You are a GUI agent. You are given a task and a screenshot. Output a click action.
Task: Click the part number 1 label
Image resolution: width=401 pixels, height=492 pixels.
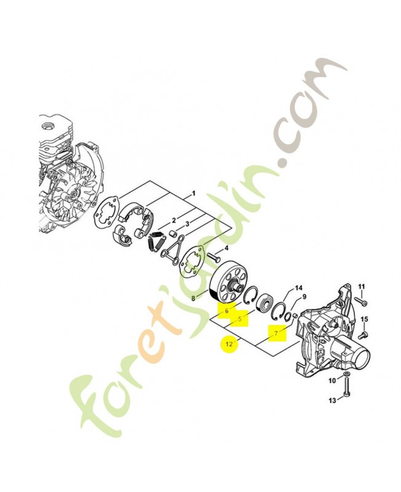[194, 193]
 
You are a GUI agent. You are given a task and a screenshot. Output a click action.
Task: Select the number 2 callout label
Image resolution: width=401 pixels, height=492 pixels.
[174, 221]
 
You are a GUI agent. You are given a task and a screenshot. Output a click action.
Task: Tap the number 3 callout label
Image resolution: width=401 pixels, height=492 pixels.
[188, 224]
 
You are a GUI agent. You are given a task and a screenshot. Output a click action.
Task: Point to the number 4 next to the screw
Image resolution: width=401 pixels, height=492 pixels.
[226, 250]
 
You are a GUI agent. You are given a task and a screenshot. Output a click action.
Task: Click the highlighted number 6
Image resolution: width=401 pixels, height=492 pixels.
[226, 311]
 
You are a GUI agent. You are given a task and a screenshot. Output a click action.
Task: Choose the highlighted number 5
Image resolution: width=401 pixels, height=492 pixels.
[240, 319]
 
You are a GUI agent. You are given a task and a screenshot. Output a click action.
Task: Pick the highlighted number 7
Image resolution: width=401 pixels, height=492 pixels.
[276, 333]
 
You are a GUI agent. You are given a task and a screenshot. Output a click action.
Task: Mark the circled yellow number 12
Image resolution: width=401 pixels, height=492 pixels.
[229, 344]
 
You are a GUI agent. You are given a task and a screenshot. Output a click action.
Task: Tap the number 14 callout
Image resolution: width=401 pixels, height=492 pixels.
[298, 288]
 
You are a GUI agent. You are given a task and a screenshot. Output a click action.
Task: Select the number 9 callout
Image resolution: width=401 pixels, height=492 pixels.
[304, 296]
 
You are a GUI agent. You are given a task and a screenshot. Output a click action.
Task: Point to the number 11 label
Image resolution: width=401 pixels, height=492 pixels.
[362, 286]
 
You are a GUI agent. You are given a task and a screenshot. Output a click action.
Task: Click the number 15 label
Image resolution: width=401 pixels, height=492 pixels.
[364, 319]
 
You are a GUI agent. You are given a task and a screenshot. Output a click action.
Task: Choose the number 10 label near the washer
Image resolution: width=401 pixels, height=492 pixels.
[332, 381]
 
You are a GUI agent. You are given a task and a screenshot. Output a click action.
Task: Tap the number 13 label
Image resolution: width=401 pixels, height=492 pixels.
[332, 400]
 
